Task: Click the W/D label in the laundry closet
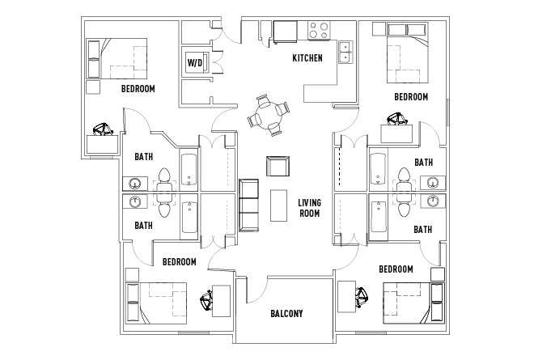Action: [195, 62]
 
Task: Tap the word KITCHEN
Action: [307, 58]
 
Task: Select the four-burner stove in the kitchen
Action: [319, 31]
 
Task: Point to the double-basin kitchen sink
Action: [345, 52]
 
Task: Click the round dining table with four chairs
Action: [267, 116]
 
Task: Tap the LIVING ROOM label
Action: [308, 208]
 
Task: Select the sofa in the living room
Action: [248, 206]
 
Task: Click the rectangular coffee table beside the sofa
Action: [279, 206]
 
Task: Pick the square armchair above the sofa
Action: [278, 167]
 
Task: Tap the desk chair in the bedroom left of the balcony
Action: [206, 301]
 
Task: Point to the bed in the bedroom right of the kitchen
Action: [404, 52]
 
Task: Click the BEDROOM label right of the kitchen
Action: [410, 97]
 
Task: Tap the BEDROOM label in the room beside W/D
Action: [138, 89]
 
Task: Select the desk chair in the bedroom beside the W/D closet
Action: [103, 129]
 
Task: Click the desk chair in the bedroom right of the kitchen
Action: [395, 121]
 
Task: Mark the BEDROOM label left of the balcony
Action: [179, 262]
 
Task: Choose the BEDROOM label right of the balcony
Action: [396, 269]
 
